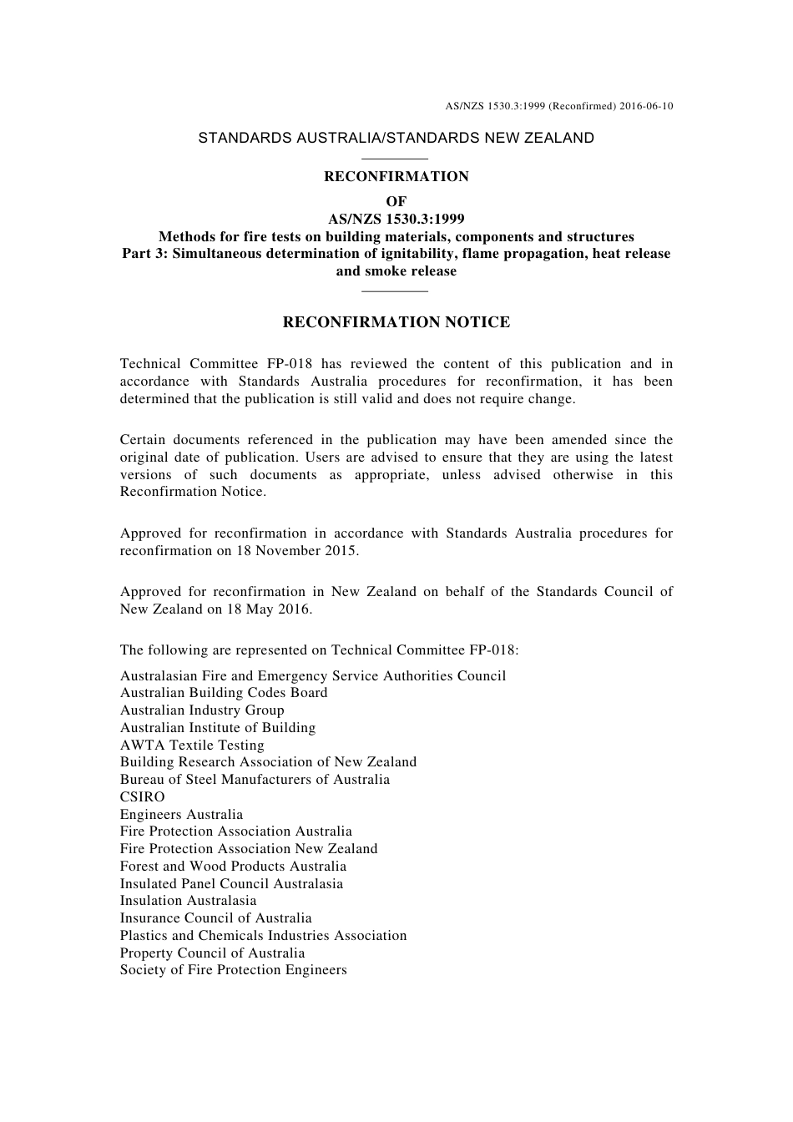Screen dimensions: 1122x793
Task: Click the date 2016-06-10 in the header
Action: click(x=647, y=106)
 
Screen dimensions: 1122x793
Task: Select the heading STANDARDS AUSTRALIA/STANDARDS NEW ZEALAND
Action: click(x=396, y=138)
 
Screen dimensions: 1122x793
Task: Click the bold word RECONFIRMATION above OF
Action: click(x=396, y=176)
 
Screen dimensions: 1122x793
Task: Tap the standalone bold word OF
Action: click(x=396, y=201)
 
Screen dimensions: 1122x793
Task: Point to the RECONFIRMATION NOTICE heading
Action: click(x=396, y=322)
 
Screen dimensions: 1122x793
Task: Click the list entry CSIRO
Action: click(x=142, y=796)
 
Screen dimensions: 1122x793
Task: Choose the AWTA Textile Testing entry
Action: click(x=192, y=745)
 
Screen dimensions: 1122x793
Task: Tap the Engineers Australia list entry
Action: click(x=181, y=814)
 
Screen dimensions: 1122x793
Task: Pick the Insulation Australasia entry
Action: click(x=188, y=900)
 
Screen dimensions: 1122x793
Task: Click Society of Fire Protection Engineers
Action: click(x=233, y=969)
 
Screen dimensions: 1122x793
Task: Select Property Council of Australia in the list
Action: click(x=212, y=953)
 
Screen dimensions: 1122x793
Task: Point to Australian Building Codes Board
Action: click(x=224, y=692)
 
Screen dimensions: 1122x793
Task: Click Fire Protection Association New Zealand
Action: click(x=249, y=848)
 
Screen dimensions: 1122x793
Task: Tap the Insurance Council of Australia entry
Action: click(x=215, y=917)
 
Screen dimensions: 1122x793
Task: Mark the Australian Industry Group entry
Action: click(x=202, y=710)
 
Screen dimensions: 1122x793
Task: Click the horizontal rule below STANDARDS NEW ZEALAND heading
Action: click(x=396, y=158)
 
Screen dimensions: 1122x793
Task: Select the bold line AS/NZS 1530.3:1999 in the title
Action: click(x=396, y=220)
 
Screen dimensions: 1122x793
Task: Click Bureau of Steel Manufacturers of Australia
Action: click(x=255, y=779)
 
